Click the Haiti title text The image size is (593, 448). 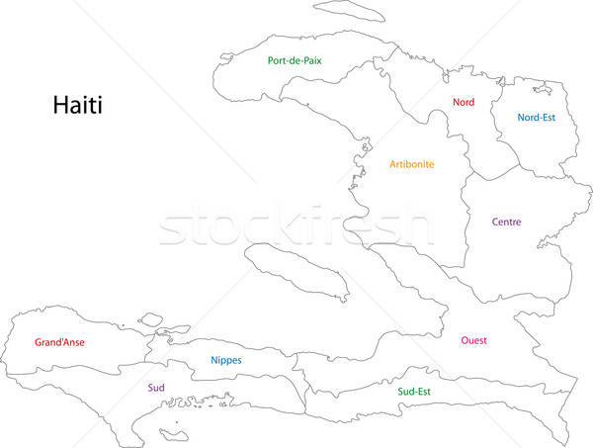[x=78, y=104]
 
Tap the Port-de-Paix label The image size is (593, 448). [x=295, y=60]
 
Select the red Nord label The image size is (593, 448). [x=464, y=102]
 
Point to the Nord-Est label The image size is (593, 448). [x=536, y=117]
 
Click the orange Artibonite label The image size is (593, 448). [x=411, y=164]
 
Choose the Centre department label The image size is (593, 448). [x=507, y=223]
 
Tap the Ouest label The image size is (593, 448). [x=473, y=340]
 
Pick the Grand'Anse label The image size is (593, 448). [x=59, y=343]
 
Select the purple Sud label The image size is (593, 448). [x=156, y=388]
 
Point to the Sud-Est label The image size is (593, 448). [x=413, y=391]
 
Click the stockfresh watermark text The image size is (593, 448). [x=296, y=225]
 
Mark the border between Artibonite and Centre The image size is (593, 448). [x=465, y=218]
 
